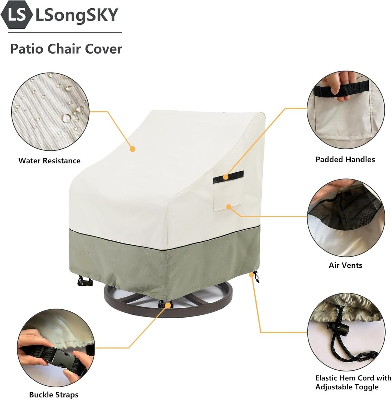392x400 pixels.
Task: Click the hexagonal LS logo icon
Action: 17,15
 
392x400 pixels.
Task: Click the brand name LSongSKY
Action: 77,15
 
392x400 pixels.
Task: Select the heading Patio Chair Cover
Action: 66,49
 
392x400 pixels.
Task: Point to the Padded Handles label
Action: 345,159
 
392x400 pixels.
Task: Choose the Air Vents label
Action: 345,265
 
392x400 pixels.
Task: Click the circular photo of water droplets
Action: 50,112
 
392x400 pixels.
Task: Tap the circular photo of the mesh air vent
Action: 346,218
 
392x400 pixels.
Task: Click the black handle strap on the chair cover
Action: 228,177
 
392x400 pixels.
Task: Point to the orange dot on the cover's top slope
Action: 133,149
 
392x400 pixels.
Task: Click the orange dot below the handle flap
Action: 228,207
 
